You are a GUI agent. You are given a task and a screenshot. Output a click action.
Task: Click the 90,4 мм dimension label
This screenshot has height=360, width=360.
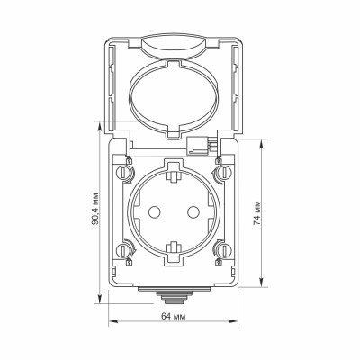click(x=95, y=208)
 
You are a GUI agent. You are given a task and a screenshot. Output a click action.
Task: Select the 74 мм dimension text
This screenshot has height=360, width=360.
click(x=256, y=212)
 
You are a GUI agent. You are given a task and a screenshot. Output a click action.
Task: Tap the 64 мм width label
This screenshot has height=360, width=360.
click(x=174, y=316)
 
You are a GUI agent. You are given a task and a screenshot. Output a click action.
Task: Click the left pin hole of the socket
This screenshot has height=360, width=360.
click(x=155, y=212)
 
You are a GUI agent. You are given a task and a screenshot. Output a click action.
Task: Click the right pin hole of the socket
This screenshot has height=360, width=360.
click(x=193, y=212)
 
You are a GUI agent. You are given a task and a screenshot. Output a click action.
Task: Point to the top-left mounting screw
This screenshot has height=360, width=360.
click(x=123, y=173)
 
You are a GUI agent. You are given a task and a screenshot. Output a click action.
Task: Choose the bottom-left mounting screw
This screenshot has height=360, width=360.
click(x=123, y=250)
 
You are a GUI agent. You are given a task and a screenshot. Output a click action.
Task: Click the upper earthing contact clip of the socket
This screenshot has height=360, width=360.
click(x=174, y=176)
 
